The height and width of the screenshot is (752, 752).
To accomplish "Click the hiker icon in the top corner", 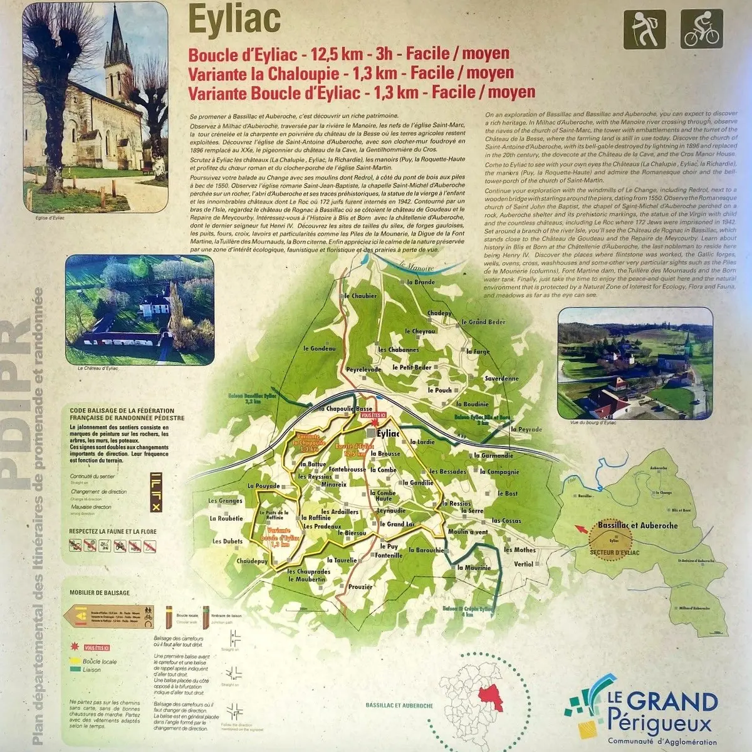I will click(644, 29).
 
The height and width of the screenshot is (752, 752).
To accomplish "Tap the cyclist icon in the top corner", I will click(702, 29).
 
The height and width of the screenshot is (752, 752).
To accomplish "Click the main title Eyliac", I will click(234, 19).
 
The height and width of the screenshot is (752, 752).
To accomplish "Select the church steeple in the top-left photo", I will click(117, 44).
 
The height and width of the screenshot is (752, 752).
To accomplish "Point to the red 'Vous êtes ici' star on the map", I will click(375, 423).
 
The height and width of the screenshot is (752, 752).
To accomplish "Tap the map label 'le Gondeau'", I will click(320, 348).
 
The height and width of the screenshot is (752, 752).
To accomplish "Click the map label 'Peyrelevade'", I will click(363, 370).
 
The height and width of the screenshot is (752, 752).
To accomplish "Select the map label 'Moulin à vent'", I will click(467, 532).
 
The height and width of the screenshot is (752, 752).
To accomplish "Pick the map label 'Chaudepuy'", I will click(253, 561).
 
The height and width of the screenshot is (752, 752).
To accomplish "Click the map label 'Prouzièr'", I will click(360, 587).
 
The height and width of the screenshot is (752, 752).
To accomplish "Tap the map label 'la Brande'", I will click(420, 282).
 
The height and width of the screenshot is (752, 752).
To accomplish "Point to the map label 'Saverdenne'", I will click(501, 379).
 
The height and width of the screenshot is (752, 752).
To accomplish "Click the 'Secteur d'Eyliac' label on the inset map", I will click(614, 552).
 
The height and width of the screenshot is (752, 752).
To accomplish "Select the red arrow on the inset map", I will click(582, 530).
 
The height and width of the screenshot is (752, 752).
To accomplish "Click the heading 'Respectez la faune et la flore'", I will click(113, 531).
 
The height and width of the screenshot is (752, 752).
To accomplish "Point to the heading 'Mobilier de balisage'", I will click(100, 593).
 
